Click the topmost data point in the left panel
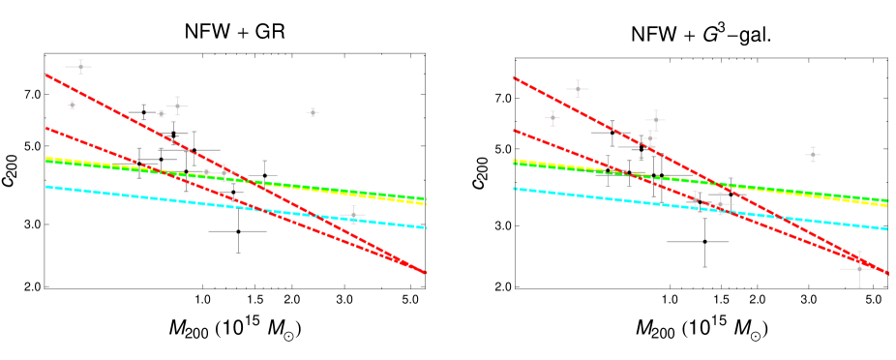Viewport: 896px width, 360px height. click(79, 67)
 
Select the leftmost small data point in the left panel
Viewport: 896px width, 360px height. click(72, 105)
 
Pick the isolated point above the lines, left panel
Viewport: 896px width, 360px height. click(313, 112)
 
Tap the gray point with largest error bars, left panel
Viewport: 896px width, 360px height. click(238, 230)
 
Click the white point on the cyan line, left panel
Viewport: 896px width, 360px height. click(352, 215)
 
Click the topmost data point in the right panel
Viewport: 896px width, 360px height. click(578, 89)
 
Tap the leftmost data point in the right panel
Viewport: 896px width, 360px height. click(553, 118)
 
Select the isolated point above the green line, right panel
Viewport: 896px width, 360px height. click(813, 154)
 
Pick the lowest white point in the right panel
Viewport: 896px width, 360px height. click(858, 269)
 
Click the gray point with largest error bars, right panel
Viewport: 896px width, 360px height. click(703, 241)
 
